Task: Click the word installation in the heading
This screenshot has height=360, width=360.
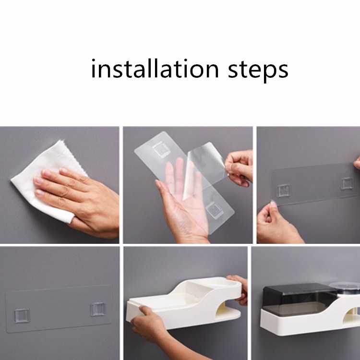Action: (x=155, y=69)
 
